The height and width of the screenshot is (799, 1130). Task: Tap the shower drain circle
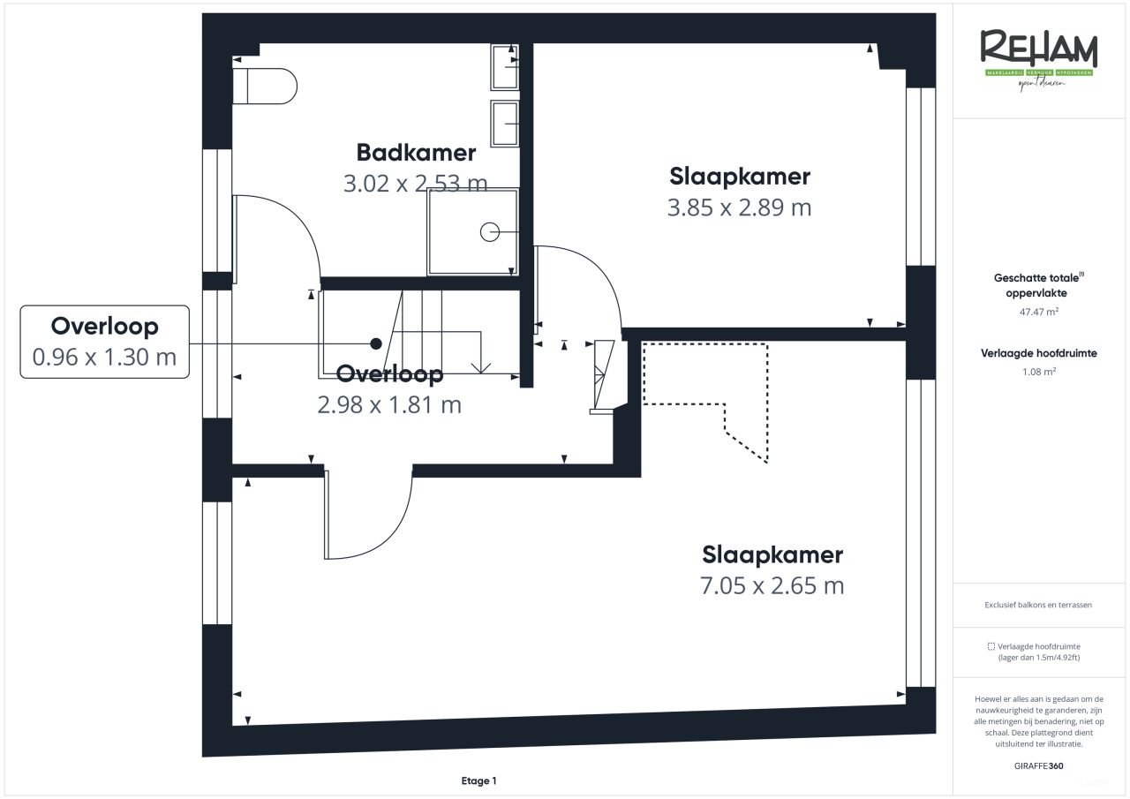tap(489, 232)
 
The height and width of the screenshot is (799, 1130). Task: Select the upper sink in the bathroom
tap(505, 67)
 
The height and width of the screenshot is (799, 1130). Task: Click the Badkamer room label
tap(416, 153)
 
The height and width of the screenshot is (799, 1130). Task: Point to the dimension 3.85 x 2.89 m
tap(739, 207)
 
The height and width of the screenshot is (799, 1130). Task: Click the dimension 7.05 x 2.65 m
tap(772, 585)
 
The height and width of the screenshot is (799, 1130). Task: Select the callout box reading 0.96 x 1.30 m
tap(104, 342)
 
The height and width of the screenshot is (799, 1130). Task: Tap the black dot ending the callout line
tap(376, 343)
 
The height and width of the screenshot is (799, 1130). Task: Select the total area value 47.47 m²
tap(1039, 312)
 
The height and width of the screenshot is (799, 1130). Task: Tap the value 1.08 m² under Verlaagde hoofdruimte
tap(1039, 372)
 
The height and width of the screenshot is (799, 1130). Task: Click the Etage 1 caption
tap(479, 780)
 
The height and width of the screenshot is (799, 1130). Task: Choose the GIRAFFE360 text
tap(1039, 765)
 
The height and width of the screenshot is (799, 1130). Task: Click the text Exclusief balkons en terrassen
tap(1039, 606)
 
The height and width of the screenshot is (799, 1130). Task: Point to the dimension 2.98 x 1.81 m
tap(388, 405)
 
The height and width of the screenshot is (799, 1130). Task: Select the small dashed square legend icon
tap(991, 646)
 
